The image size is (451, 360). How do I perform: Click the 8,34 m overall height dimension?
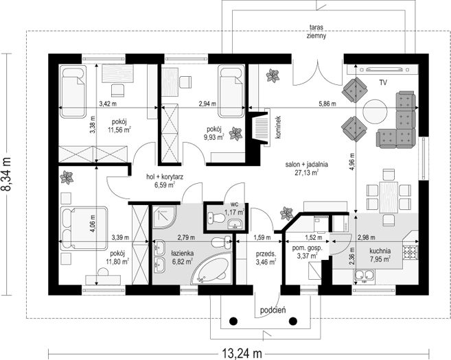coord(6,174)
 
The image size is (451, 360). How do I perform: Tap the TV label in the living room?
coord(383,83)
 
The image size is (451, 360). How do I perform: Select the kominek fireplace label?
coord(278,128)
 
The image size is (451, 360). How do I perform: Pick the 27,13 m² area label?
coord(307,172)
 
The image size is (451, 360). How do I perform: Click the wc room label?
coord(234,204)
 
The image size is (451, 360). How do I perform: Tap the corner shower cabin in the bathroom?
coord(164,217)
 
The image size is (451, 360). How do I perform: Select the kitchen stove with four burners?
coord(410,252)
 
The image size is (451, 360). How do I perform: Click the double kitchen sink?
coord(364,276)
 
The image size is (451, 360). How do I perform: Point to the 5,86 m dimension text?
coord(327,104)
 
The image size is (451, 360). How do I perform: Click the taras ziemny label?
coord(316,32)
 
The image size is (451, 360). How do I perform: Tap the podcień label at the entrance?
coord(273,311)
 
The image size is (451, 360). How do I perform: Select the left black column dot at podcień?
coord(233,320)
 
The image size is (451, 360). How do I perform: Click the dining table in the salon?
coord(389,197)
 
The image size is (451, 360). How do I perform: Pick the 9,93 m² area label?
coord(214,137)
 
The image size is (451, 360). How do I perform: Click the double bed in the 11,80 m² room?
coord(84,227)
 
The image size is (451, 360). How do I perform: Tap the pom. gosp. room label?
coord(307,248)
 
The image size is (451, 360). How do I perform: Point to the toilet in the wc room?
coord(216,218)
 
